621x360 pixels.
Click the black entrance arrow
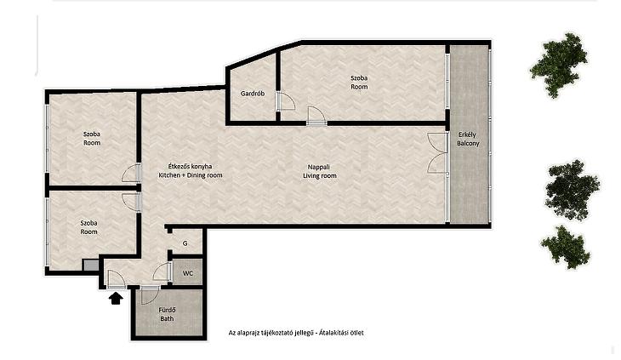[115, 298]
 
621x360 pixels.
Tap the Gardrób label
[253, 94]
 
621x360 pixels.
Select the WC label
[188, 273]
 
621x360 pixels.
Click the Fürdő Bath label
[167, 314]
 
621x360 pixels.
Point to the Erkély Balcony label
[468, 139]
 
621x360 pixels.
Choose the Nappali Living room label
[320, 171]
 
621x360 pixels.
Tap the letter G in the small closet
[185, 243]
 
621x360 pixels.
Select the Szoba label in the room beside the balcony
[359, 78]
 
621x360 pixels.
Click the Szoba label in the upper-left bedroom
[92, 134]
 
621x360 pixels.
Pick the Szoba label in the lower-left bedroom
[88, 223]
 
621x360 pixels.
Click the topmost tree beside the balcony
[558, 65]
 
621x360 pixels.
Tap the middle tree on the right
[572, 190]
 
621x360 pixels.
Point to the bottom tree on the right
[564, 247]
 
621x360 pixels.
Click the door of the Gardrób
[286, 101]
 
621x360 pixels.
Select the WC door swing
[161, 271]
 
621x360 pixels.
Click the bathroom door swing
[151, 295]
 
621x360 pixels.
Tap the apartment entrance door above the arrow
[117, 279]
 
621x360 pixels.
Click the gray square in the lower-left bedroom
[90, 266]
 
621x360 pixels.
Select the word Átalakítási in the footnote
[333, 333]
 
